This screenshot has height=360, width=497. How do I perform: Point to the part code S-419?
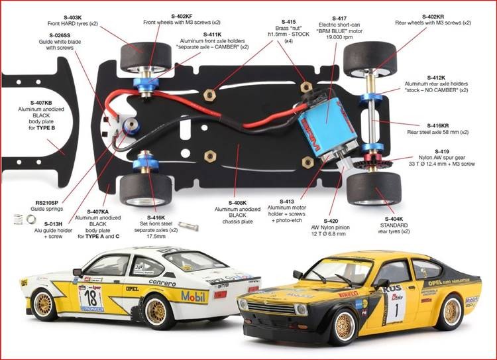click(x=441, y=152)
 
